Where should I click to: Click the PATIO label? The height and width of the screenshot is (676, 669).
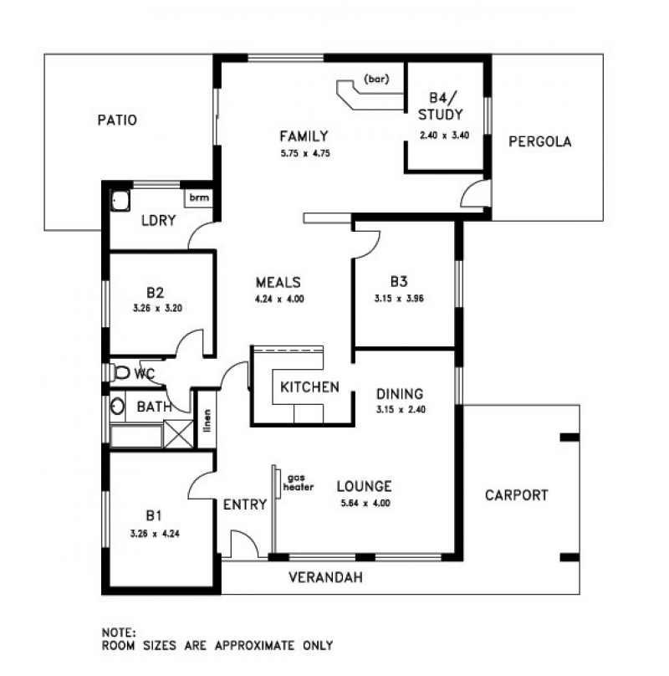[117, 120]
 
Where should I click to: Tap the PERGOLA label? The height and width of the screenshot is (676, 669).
[540, 141]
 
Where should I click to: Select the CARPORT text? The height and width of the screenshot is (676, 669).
[517, 495]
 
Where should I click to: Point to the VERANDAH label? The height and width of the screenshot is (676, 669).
[325, 577]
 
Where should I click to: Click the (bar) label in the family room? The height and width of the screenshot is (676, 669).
[377, 79]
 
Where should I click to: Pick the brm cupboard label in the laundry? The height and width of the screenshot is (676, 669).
[199, 197]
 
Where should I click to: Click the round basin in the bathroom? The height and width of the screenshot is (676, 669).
[117, 406]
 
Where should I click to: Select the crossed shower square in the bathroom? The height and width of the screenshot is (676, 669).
[178, 434]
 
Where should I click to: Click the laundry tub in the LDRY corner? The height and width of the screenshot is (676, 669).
[120, 201]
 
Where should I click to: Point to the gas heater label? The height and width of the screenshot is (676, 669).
[299, 483]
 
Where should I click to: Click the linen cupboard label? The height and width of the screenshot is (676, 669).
[207, 420]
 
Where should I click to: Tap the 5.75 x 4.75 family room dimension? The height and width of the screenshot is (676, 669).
[305, 153]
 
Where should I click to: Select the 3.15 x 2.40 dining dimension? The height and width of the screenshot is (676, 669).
[401, 410]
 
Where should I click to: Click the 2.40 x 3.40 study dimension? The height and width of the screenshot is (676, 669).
[444, 136]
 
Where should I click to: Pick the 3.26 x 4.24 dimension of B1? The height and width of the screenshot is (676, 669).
[155, 534]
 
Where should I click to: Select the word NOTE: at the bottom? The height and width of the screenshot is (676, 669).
[119, 632]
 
